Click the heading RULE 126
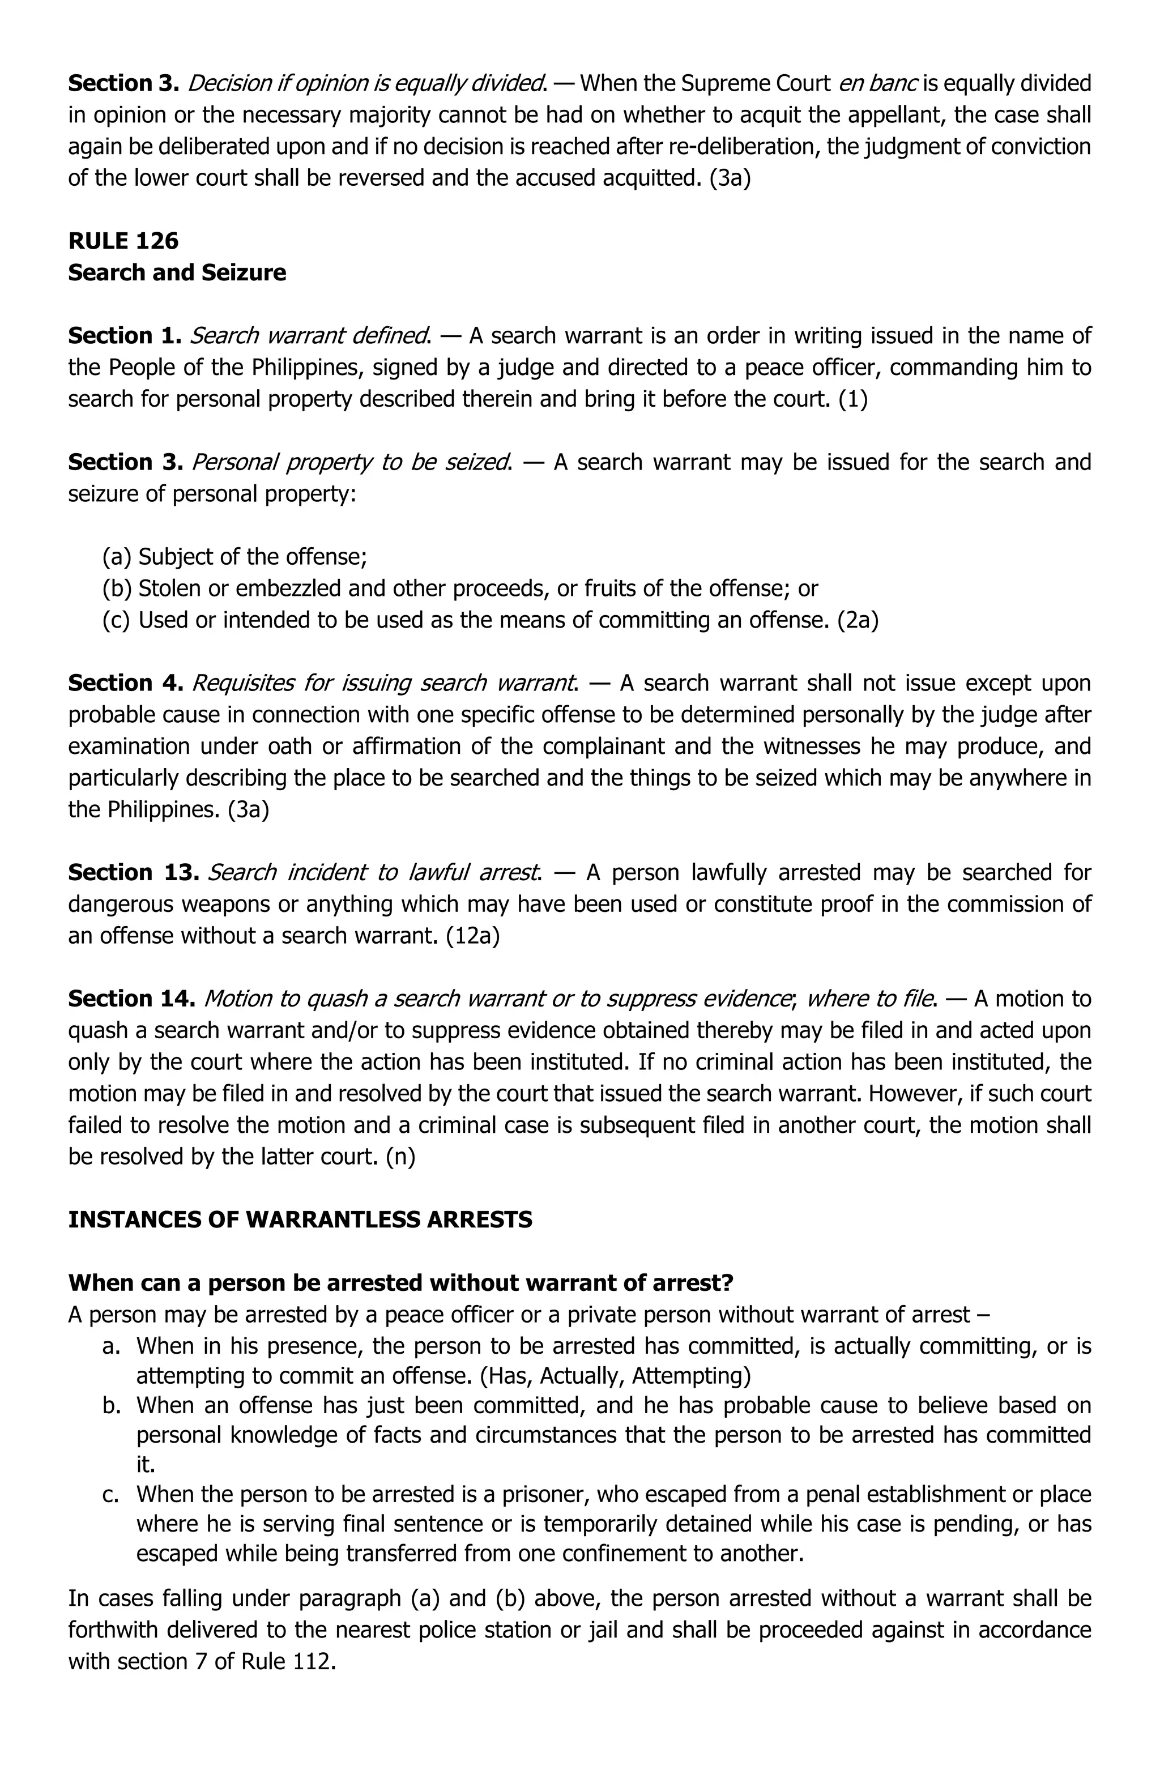click(123, 241)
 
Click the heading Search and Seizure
click(177, 273)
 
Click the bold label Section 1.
click(125, 336)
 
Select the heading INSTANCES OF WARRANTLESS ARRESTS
click(300, 1220)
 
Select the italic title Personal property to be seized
click(352, 462)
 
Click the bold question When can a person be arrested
click(400, 1283)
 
